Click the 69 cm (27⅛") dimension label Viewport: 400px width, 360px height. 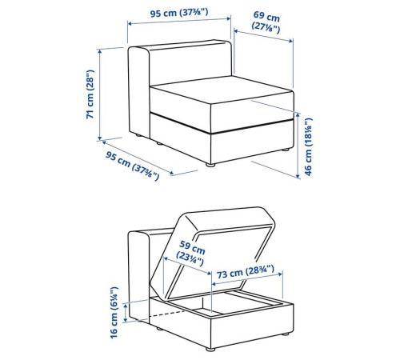[266, 22]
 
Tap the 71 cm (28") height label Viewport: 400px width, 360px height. [90, 94]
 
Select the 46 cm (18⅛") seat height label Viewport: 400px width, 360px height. [308, 146]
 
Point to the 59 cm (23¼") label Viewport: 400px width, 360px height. [191, 253]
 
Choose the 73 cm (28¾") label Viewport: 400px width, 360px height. [245, 271]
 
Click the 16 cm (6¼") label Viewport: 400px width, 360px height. [114, 313]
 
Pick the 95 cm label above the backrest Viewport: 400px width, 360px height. [179, 13]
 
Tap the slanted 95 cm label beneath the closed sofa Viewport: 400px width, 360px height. [132, 166]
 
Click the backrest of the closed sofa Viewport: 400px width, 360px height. [190, 62]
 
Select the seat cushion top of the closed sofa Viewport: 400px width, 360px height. [222, 90]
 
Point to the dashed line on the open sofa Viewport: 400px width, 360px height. [167, 314]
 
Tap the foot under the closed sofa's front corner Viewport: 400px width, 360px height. [210, 165]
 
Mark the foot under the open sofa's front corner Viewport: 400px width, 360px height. [210, 350]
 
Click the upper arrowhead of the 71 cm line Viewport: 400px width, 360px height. [100, 51]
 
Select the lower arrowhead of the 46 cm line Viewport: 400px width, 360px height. [298, 175]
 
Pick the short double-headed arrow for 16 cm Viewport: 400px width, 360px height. [126, 313]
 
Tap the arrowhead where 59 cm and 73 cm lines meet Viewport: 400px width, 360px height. [210, 274]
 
